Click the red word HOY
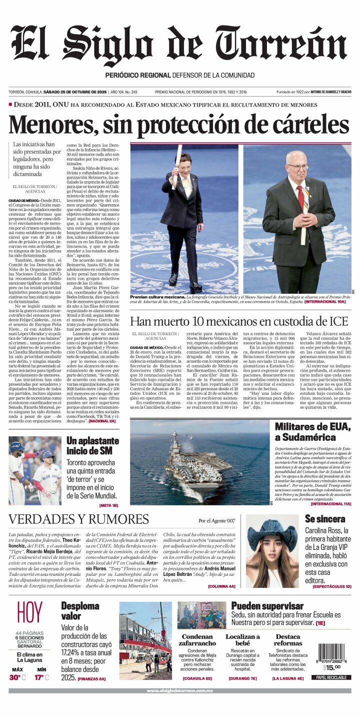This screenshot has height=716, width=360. [x=29, y=613]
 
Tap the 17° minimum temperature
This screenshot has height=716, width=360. [x=39, y=677]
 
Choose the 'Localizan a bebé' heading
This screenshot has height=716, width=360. [x=242, y=640]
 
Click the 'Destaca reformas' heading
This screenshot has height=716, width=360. [x=288, y=640]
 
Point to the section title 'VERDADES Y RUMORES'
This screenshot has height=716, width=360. [x=78, y=519]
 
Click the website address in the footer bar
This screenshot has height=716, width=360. [x=180, y=690]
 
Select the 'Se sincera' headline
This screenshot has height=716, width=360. [x=325, y=519]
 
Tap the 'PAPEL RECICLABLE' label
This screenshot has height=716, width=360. [x=330, y=677]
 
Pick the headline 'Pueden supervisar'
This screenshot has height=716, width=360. [x=267, y=606]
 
